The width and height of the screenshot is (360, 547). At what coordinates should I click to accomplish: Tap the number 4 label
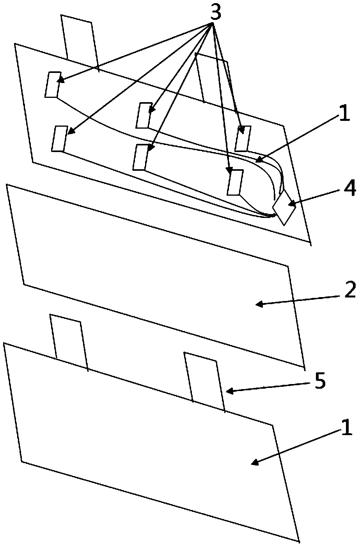(350, 189)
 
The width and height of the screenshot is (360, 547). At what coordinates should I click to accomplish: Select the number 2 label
(350, 291)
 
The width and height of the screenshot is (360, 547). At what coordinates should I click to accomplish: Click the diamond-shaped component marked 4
(284, 207)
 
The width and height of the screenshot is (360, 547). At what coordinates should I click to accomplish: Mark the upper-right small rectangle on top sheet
(243, 138)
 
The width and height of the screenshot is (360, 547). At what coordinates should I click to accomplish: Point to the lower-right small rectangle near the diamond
(235, 182)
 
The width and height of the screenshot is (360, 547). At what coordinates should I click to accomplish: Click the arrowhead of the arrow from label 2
(258, 304)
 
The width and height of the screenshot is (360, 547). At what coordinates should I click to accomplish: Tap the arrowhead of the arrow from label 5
(230, 391)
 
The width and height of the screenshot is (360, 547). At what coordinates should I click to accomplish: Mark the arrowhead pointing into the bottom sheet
(254, 463)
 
